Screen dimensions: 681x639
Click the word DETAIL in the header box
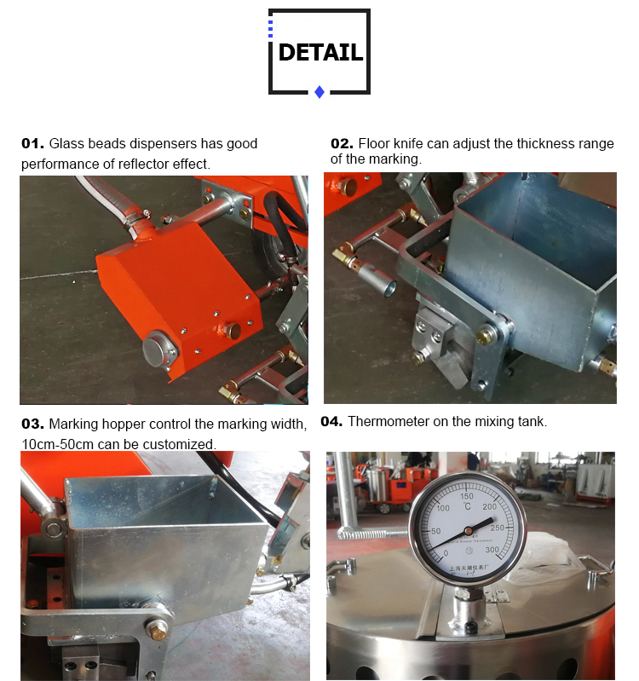(320, 53)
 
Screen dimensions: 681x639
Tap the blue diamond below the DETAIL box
(319, 92)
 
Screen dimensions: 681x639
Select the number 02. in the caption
(342, 143)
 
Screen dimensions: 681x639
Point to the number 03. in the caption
(32, 424)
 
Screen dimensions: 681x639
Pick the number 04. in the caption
(331, 421)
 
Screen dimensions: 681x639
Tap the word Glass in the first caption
(66, 143)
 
